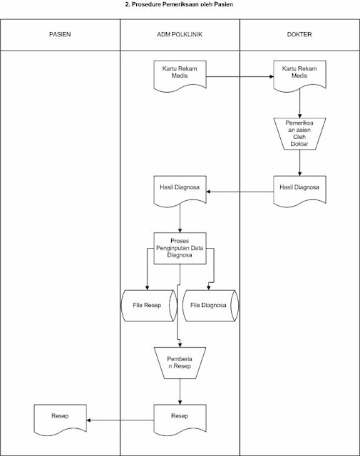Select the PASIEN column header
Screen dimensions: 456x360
coord(60,34)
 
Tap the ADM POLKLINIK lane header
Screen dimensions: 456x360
coord(180,34)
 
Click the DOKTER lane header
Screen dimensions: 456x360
coord(299,34)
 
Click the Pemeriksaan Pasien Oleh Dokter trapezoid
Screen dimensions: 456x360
coord(299,133)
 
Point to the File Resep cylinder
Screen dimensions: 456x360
coord(150,305)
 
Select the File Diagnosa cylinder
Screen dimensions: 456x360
coord(210,305)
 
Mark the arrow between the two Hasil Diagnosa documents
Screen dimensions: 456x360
coord(240,191)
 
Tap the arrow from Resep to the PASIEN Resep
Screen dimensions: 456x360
coord(120,420)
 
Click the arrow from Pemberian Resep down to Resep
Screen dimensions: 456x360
coord(180,390)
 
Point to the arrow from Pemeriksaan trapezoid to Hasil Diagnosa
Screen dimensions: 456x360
coord(299,163)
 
